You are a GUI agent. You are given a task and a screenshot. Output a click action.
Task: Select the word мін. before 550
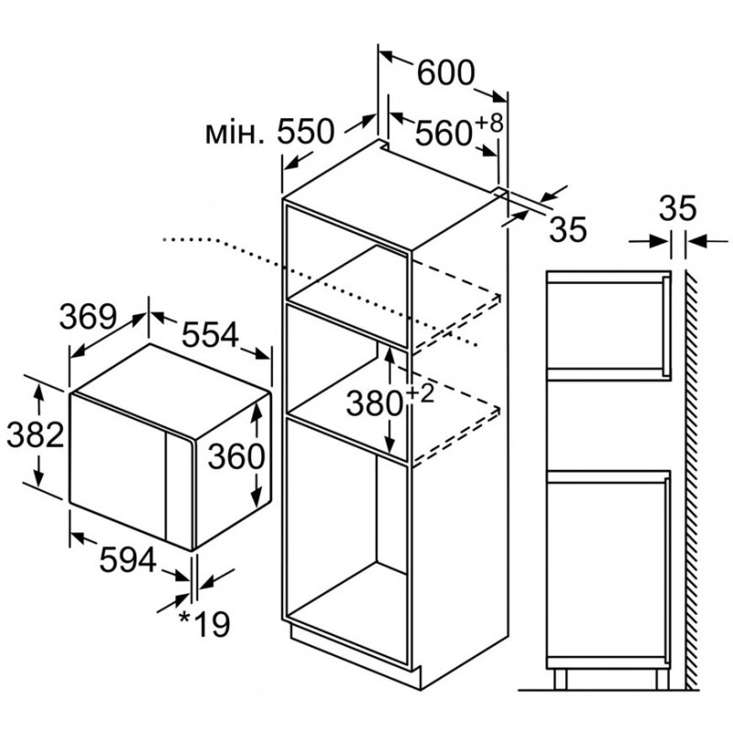[x=237, y=134]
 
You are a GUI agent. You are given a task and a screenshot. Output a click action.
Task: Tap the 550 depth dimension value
[x=305, y=134]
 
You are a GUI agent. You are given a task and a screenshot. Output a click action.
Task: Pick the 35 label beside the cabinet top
[x=566, y=230]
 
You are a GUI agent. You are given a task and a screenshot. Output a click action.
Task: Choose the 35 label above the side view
[x=678, y=210]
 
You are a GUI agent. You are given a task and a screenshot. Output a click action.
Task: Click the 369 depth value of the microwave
[x=89, y=316]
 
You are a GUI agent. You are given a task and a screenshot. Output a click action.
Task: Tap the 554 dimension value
[x=209, y=336]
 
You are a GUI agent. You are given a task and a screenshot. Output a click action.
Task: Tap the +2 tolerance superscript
[x=419, y=390]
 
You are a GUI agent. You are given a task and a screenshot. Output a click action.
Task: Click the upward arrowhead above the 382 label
[x=38, y=393]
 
